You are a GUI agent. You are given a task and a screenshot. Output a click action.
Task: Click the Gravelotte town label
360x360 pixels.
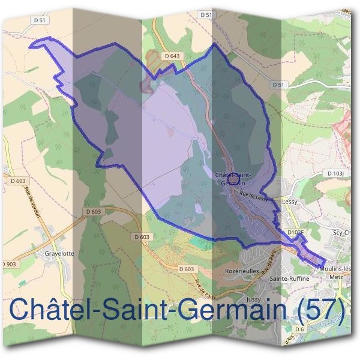(x=59, y=253)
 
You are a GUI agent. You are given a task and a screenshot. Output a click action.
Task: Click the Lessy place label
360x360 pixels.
(x=290, y=202)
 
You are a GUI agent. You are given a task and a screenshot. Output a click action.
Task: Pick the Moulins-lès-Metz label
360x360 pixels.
(x=335, y=271)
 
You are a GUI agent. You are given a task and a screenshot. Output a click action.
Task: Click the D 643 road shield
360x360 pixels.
(x=172, y=56)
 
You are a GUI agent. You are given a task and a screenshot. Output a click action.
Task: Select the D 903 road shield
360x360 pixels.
(x=8, y=264)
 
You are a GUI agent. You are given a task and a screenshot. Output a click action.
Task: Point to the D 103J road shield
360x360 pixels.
(x=335, y=173)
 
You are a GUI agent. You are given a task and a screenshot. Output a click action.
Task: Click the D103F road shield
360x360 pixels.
(x=296, y=232)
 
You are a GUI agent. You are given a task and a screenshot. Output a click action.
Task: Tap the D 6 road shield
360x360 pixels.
(x=301, y=329)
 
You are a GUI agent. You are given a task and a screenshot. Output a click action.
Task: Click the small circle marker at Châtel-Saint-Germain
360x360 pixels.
(x=235, y=175)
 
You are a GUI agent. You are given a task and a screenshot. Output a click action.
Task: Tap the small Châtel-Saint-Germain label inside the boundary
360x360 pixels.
(x=233, y=178)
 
